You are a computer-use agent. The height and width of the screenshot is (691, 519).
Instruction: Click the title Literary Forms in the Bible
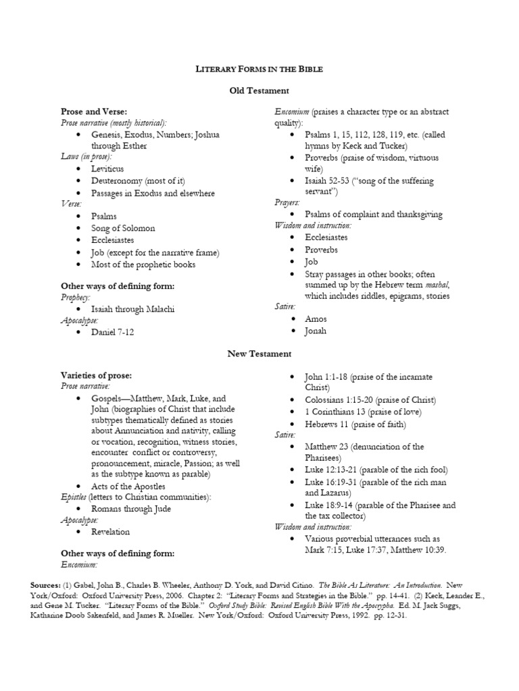[259, 69]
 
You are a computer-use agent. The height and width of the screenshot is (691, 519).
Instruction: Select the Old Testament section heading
[259, 90]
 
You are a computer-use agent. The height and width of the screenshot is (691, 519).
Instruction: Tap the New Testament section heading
[259, 354]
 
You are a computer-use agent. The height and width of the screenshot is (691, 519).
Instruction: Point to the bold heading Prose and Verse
[94, 111]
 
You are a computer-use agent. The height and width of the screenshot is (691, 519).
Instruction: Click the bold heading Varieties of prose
[96, 375]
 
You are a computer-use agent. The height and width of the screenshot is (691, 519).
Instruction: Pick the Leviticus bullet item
[108, 169]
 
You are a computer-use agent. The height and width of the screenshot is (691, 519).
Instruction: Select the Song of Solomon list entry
[123, 228]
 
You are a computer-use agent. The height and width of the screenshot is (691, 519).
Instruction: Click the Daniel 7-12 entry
[113, 333]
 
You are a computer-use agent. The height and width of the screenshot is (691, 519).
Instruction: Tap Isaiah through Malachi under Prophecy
[133, 309]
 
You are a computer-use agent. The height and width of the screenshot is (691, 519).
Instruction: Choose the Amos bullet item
[316, 319]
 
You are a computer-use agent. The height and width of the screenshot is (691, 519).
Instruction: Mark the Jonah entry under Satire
[316, 331]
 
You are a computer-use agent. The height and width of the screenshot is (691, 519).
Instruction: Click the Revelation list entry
[110, 532]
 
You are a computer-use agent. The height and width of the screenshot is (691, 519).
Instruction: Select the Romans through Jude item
[131, 508]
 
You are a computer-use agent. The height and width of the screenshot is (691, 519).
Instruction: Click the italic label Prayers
[287, 202]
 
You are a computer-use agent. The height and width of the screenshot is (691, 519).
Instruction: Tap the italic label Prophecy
[75, 297]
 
